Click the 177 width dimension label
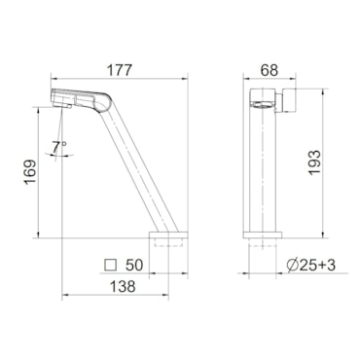[x=120, y=70]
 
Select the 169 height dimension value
[x=30, y=172]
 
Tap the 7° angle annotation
[x=59, y=147]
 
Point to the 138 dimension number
[x=123, y=286]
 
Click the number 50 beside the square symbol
[x=134, y=265]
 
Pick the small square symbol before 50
[x=111, y=265]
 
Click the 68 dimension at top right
[x=270, y=70]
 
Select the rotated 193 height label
[x=314, y=162]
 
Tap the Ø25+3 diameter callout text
[x=311, y=266]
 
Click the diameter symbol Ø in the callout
[x=293, y=266]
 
